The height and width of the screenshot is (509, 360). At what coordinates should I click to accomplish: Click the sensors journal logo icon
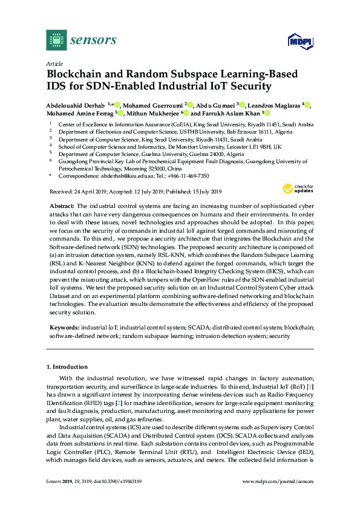tap(56, 41)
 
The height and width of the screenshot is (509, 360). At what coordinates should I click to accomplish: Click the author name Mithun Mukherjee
tap(154, 113)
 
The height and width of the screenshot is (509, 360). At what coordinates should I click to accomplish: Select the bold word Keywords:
tap(64, 327)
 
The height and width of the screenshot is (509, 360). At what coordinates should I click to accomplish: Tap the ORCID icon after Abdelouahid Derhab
tap(116, 105)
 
